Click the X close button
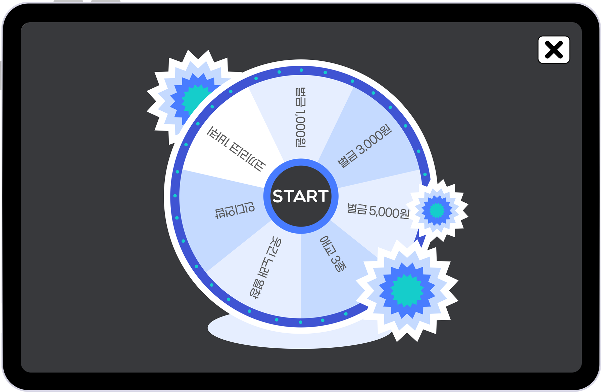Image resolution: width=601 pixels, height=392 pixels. tap(554, 50)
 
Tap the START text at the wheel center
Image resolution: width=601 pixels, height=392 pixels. tap(300, 196)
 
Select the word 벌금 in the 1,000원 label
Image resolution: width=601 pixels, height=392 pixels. tap(301, 97)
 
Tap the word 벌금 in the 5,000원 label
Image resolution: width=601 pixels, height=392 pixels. tap(357, 209)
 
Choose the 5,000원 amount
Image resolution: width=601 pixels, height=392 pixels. tap(389, 212)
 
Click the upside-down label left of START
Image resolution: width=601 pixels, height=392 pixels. tap(235, 210)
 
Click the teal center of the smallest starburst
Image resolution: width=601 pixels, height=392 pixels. tap(437, 210)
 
